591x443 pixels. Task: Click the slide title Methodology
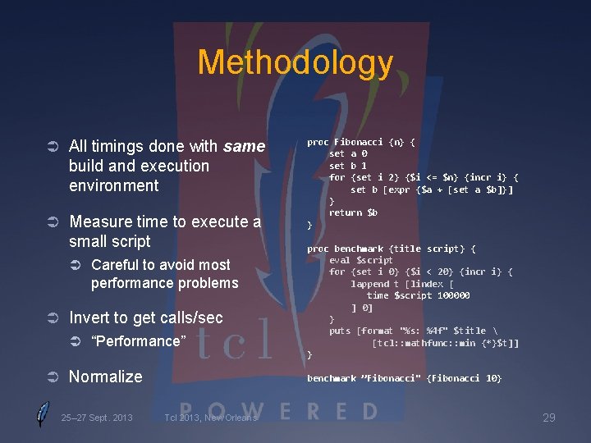tap(295, 62)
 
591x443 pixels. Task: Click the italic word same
tap(244, 147)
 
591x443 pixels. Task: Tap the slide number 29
tap(548, 418)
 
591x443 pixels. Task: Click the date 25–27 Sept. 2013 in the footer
tap(97, 418)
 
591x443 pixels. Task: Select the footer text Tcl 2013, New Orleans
tap(211, 418)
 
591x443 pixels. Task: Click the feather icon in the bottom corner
tap(42, 414)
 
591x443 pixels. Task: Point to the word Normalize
tap(106, 377)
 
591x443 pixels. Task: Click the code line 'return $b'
tap(353, 212)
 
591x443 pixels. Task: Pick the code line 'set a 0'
tap(348, 153)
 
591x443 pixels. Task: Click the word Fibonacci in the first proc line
tap(360, 142)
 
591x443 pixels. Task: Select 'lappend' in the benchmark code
tap(370, 284)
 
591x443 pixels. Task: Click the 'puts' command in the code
tap(340, 331)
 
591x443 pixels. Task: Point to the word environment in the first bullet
tap(114, 185)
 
